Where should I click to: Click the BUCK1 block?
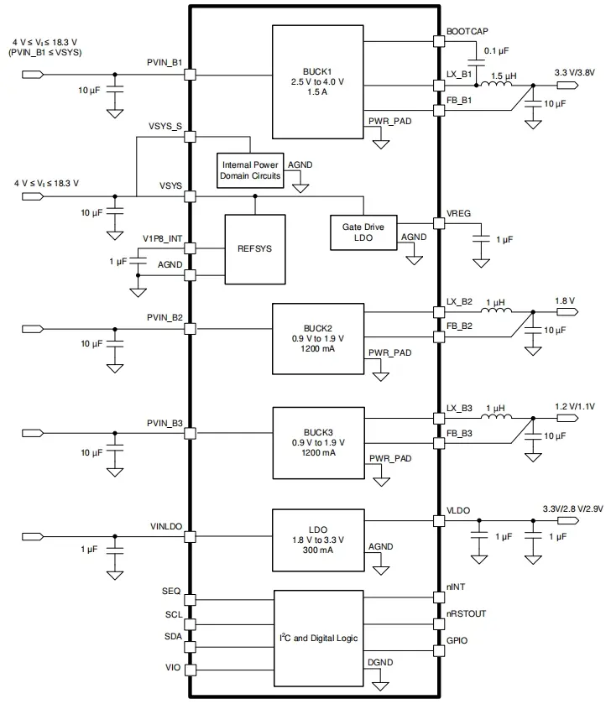click(x=318, y=81)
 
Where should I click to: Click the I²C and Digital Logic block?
click(x=318, y=638)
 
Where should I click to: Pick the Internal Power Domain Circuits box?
click(x=250, y=169)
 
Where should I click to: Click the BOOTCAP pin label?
click(x=467, y=30)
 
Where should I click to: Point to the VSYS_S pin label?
click(x=165, y=126)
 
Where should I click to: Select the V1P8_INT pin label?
click(x=162, y=238)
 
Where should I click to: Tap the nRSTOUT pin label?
click(x=467, y=613)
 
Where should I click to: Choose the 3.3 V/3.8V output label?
click(x=574, y=72)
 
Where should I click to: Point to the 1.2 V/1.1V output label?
click(x=574, y=406)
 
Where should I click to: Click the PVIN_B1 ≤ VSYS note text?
click(x=47, y=52)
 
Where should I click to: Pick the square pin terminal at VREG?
click(x=437, y=223)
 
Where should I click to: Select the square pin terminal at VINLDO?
click(x=191, y=537)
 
